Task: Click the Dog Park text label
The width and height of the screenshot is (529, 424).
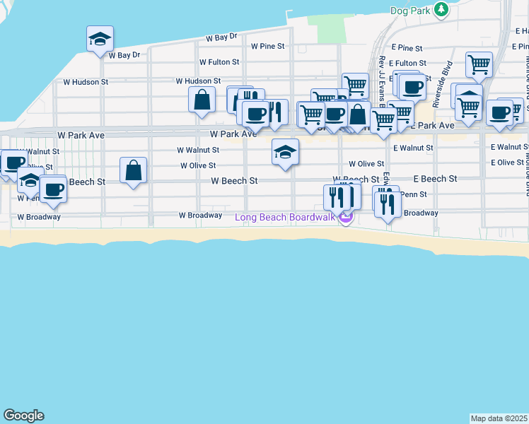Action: (409, 11)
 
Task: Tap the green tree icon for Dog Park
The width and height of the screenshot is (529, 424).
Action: (441, 9)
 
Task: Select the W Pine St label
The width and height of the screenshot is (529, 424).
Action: (267, 46)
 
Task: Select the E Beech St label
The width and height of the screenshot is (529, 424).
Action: (435, 179)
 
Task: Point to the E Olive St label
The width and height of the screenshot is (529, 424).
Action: (507, 163)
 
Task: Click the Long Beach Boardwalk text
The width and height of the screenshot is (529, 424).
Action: (284, 216)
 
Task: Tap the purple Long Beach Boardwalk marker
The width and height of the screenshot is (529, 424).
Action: (345, 218)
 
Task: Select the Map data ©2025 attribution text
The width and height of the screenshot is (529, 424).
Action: (499, 418)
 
